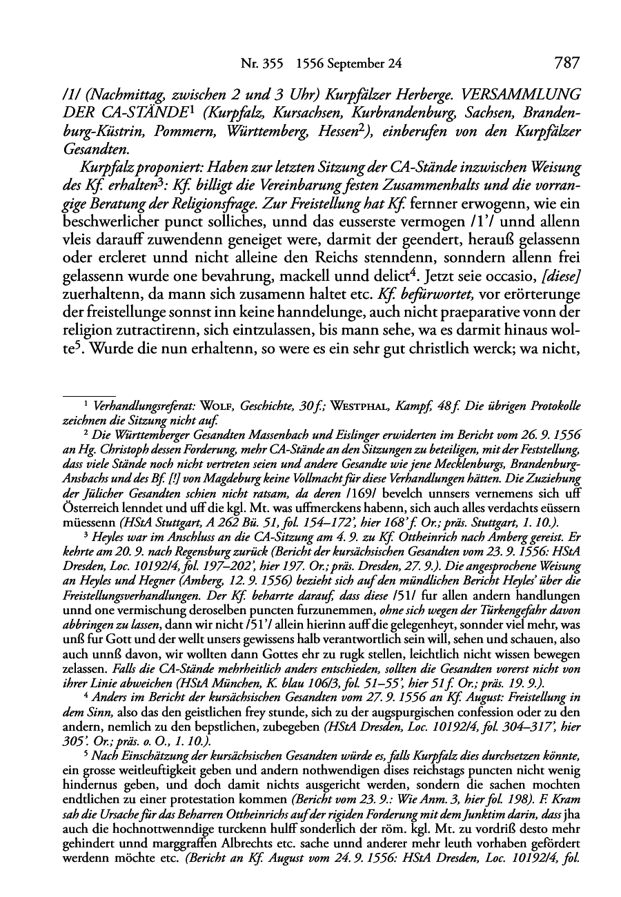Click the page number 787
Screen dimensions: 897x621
566,63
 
